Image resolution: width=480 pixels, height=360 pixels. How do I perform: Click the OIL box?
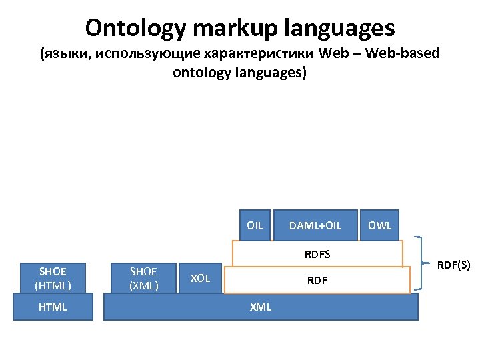click(x=255, y=225)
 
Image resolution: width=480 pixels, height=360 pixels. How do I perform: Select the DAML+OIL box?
click(x=315, y=225)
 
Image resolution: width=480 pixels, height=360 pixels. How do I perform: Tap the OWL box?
click(x=380, y=225)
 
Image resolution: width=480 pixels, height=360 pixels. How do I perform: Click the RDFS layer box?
click(x=317, y=254)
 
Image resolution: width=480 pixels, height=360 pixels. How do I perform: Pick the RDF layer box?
click(x=317, y=280)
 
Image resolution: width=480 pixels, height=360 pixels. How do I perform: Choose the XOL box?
click(x=201, y=278)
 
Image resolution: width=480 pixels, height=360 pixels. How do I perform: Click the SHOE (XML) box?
click(x=144, y=278)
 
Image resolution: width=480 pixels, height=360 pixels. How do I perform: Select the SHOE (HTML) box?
click(x=53, y=278)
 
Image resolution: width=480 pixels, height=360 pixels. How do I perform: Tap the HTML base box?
click(x=53, y=307)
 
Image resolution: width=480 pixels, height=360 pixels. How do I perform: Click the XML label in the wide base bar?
click(x=260, y=307)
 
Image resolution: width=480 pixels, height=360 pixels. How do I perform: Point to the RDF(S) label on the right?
click(x=454, y=265)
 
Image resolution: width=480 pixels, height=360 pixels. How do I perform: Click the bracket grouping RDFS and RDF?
click(x=419, y=263)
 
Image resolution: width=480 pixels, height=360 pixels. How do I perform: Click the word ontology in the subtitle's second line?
click(x=200, y=73)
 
